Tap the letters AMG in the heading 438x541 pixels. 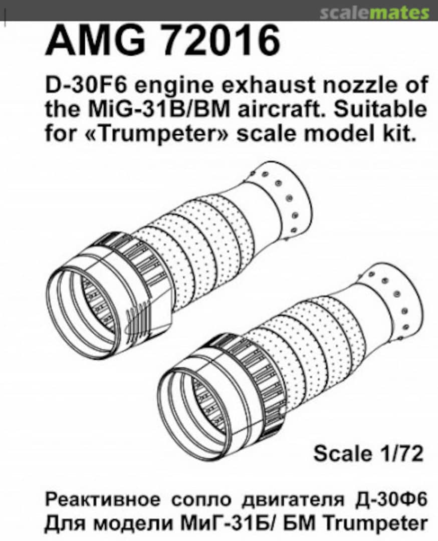[96, 41]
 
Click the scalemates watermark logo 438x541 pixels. [374, 13]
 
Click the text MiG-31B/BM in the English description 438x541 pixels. [156, 110]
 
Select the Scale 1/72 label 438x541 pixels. [368, 453]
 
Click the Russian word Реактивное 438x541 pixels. [103, 500]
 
